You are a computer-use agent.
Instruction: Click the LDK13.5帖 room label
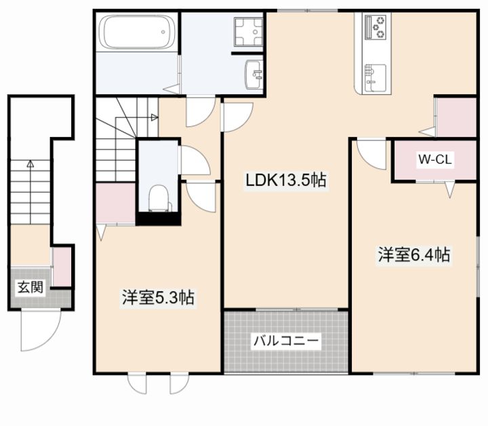tap(286, 180)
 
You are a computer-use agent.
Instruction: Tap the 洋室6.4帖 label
tap(414, 255)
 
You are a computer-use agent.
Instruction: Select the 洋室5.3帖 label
tap(158, 298)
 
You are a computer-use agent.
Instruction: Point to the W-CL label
tap(434, 159)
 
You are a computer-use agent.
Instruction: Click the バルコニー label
tap(286, 341)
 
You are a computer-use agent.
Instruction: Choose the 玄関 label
tap(30, 287)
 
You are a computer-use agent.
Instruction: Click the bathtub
tap(137, 32)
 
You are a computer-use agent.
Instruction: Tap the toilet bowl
tap(159, 198)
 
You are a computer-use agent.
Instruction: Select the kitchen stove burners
tap(375, 26)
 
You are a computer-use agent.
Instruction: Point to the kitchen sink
tap(375, 78)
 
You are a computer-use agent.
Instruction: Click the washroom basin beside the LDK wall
tap(254, 75)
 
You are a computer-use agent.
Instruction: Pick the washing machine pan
tap(248, 32)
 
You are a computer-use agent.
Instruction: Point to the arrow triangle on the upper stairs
tap(155, 117)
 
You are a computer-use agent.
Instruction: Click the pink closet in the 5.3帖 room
tap(115, 203)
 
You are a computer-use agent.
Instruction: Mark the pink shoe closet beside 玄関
tap(62, 267)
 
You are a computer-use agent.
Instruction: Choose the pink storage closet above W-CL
tap(456, 117)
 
